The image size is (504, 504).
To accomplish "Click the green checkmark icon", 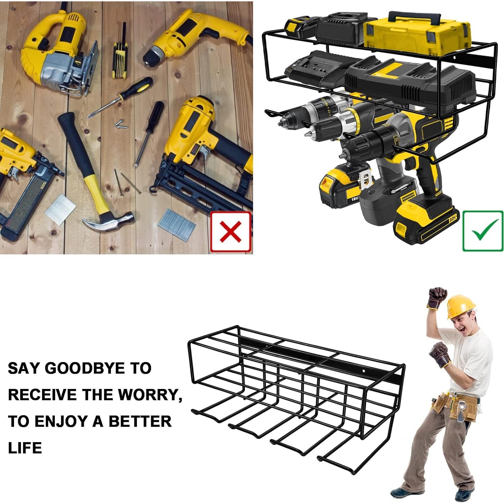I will [x=483, y=231].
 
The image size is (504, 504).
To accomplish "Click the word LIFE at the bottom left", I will [x=25, y=448].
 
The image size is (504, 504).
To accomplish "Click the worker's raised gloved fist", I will [x=437, y=298].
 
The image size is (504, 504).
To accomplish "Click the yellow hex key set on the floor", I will [x=120, y=57].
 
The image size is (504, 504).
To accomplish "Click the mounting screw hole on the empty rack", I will [x=364, y=372].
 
